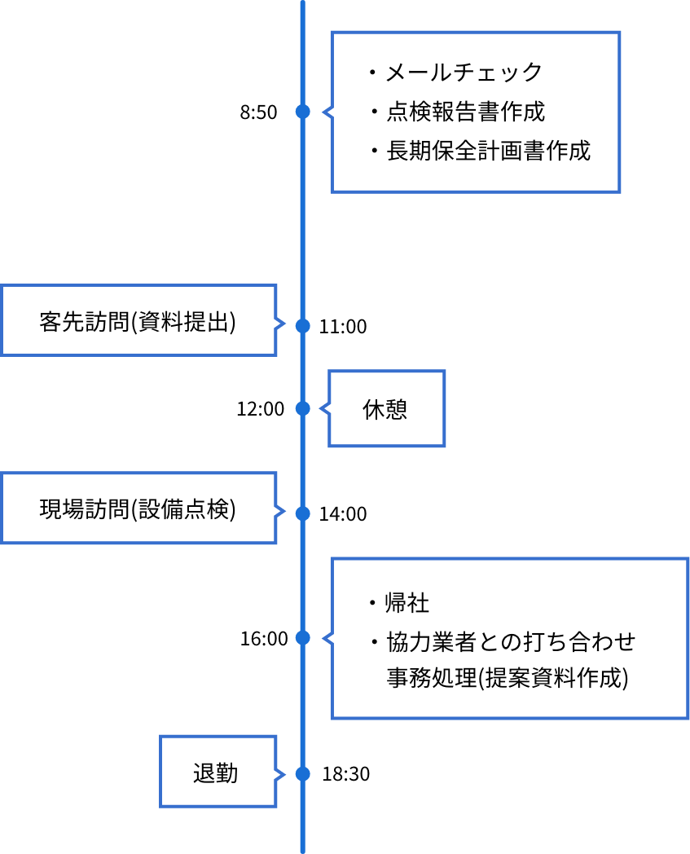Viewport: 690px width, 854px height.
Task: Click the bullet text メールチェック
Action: [x=464, y=73]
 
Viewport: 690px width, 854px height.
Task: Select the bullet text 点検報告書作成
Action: [x=465, y=112]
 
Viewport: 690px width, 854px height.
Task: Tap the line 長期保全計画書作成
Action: [x=487, y=151]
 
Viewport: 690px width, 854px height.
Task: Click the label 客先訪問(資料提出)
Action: [x=138, y=322]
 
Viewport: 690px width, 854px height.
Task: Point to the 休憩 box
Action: [x=385, y=409]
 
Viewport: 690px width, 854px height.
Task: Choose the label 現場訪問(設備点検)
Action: [x=138, y=509]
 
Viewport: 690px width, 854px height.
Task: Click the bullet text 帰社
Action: [x=407, y=603]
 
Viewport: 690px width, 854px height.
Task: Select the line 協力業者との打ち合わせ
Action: [x=510, y=641]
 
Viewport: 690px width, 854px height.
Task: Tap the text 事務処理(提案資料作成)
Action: [x=507, y=679]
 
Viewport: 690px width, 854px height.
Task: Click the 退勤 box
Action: [x=216, y=773]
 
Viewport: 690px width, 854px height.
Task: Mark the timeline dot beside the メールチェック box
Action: [x=303, y=112]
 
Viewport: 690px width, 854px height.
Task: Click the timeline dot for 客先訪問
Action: [x=303, y=326]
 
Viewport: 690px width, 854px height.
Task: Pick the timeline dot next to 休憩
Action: [x=303, y=408]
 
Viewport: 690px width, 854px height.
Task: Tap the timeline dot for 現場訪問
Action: [x=303, y=513]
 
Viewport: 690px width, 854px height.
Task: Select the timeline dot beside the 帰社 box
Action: [x=303, y=637]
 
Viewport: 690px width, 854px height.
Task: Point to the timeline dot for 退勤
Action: [x=303, y=773]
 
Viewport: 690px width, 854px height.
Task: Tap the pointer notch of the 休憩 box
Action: [x=325, y=408]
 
